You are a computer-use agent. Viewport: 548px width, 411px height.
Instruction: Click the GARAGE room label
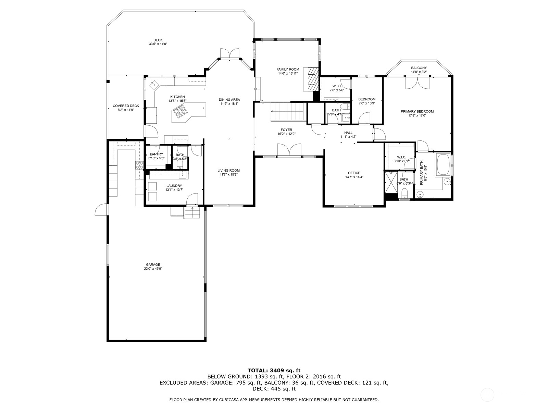click(153, 264)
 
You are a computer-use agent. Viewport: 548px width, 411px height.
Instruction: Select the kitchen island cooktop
click(180, 111)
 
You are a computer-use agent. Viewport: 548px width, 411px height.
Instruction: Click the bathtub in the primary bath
click(443, 164)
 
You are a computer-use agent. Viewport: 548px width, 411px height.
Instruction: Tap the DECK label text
click(158, 40)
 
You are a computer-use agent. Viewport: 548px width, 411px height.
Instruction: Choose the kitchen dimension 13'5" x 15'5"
click(177, 101)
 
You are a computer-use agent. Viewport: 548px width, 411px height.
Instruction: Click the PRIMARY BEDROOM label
click(417, 111)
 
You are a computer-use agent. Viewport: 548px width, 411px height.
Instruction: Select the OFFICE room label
click(354, 173)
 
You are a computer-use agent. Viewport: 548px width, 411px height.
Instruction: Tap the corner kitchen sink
click(154, 84)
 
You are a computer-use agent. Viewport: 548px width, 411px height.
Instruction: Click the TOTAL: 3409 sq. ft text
click(274, 371)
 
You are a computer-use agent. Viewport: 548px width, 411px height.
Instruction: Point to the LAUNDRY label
click(174, 186)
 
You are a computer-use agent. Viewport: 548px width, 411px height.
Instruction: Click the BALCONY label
click(419, 68)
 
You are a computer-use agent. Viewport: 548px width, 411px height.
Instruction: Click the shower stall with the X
click(391, 183)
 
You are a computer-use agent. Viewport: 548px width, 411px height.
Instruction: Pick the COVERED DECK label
click(126, 106)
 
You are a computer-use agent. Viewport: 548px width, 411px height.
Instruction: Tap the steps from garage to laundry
click(192, 213)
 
